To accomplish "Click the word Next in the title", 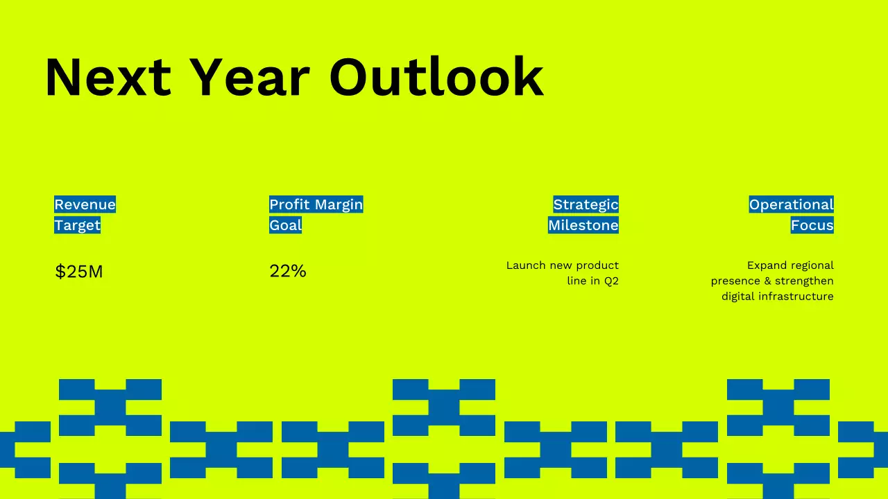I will [108, 78].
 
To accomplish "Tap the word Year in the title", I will [249, 78].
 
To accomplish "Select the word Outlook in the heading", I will [436, 78].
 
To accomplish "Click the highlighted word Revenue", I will [85, 204].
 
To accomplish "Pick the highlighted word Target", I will [77, 225].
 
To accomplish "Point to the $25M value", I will [78, 272].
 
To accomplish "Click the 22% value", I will [287, 271].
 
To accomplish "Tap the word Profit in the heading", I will [289, 204].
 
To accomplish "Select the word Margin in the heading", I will [339, 204].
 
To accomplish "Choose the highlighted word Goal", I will [285, 225].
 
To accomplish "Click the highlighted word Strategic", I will [586, 204].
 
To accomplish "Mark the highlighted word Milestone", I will [583, 225].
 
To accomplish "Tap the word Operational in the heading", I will [791, 204].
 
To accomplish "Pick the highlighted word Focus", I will [812, 225].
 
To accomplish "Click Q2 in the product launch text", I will [610, 281].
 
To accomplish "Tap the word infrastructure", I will [796, 297].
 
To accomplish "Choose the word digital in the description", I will [737, 297].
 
